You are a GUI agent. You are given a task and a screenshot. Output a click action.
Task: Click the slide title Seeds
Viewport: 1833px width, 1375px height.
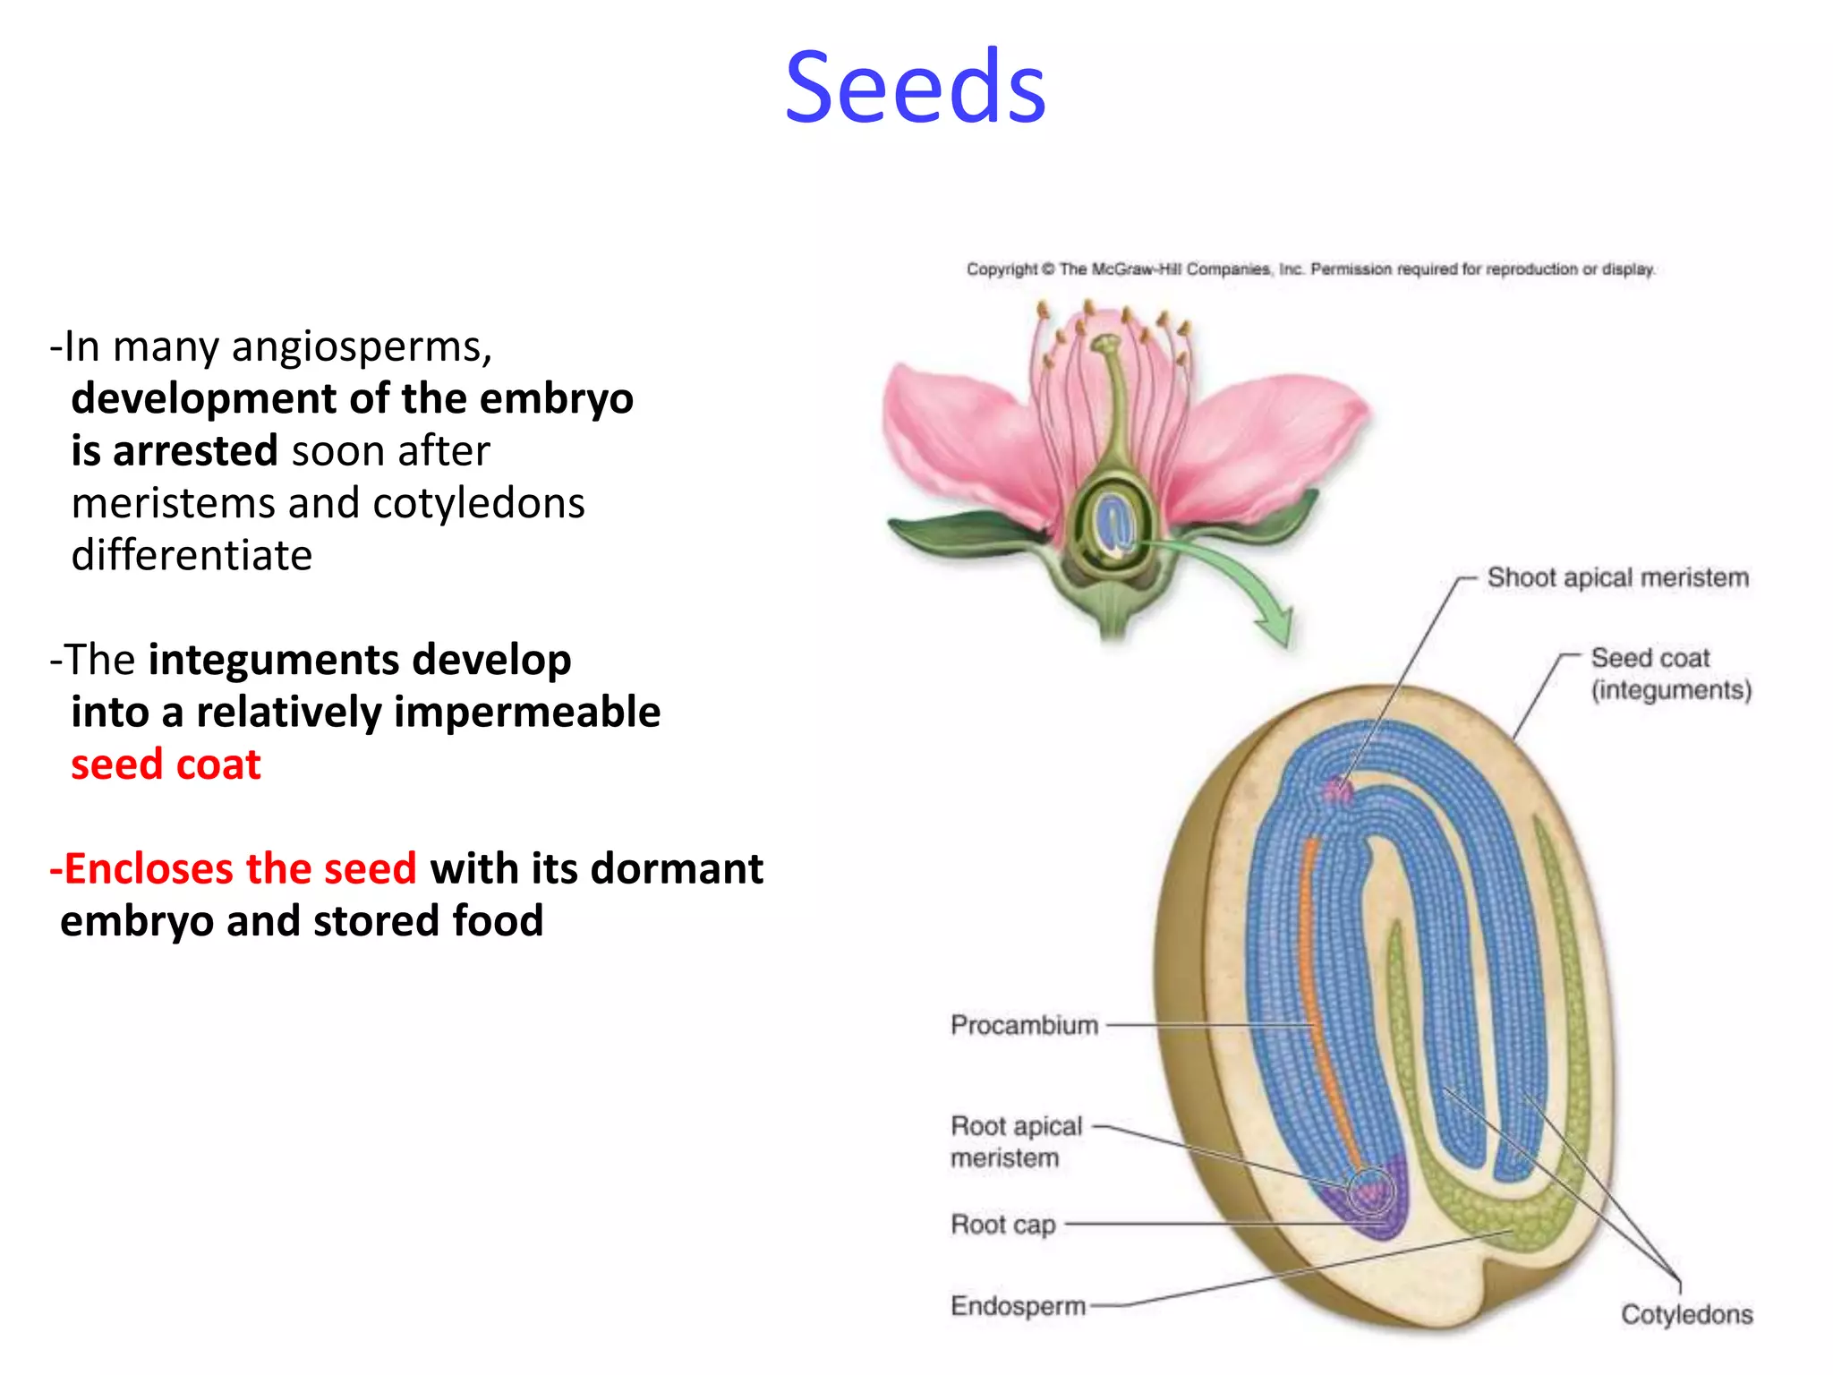coord(915,87)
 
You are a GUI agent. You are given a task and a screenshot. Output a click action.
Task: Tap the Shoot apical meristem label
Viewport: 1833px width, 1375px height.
coord(1617,577)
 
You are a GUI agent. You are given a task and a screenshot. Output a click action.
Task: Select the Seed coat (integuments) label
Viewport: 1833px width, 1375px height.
coord(1670,674)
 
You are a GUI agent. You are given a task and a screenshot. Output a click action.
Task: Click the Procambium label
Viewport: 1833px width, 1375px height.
coord(1024,1025)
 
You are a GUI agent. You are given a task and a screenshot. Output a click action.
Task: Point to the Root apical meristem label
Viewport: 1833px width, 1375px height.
coord(1016,1141)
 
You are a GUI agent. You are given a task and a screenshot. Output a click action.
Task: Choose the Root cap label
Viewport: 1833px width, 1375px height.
coord(1002,1224)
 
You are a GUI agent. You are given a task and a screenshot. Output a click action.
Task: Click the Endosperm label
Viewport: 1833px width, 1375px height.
coord(1018,1306)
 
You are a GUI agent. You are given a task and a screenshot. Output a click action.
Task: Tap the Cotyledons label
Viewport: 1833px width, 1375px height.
coord(1686,1314)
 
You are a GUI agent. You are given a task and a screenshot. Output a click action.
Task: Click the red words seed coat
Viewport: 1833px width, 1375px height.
coord(166,764)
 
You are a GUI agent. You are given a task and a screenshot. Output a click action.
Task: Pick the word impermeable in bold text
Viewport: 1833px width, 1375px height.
coord(527,713)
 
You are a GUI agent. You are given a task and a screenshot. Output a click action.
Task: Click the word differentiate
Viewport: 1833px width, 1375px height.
coord(192,556)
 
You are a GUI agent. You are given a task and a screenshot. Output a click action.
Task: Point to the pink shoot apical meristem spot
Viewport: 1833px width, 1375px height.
coord(1338,790)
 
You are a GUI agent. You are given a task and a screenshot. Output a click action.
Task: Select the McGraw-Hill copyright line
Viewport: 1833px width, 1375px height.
coord(1310,269)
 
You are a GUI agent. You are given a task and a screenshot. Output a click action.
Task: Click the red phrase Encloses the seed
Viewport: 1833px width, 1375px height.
coord(234,869)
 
